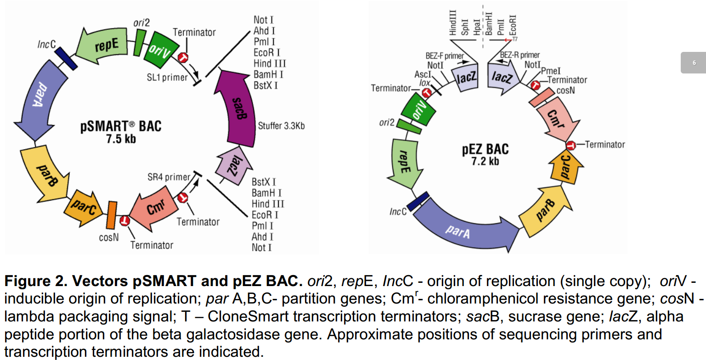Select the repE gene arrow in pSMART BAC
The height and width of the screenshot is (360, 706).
(x=103, y=46)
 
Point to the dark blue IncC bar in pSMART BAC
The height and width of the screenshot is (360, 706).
(x=66, y=59)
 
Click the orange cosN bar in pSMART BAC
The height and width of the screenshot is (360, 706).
(x=111, y=215)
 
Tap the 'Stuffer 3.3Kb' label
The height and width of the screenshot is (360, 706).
(x=281, y=126)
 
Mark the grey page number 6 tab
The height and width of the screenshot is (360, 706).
(x=693, y=63)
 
